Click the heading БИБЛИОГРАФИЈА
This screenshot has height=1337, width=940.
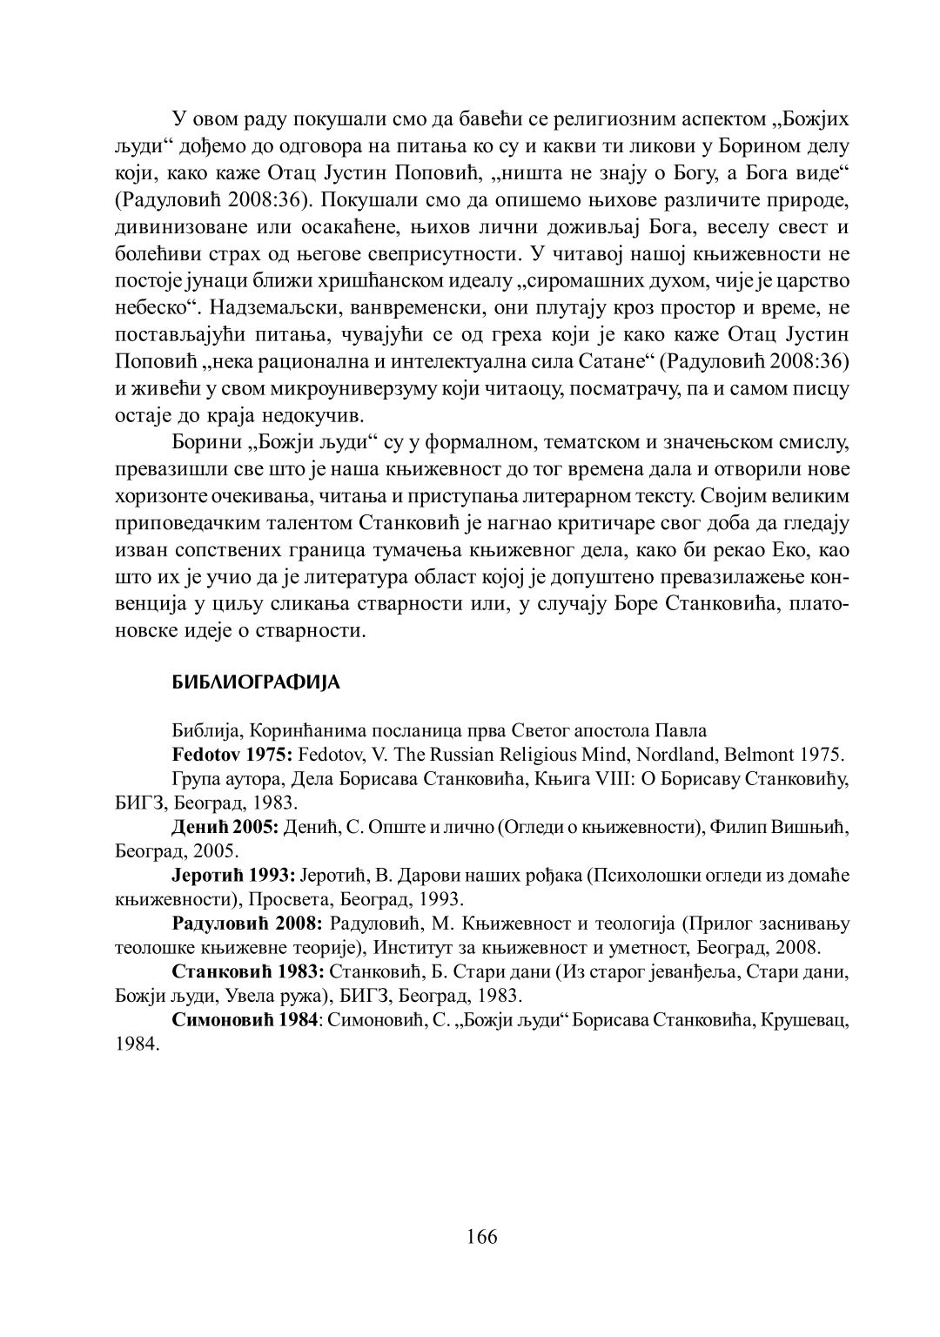pos(257,683)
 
